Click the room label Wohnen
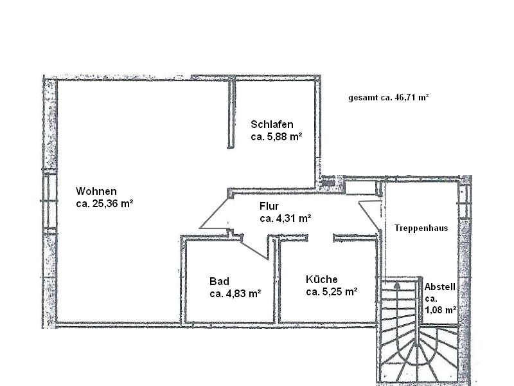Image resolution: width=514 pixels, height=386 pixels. coord(96,191)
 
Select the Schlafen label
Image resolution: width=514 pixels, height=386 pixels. coord(272,124)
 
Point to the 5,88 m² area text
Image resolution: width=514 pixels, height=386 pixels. coord(285,136)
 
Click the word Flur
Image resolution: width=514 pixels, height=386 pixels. coord(269,206)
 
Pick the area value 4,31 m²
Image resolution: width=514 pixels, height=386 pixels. coord(294,218)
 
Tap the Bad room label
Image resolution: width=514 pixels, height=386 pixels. coord(219,281)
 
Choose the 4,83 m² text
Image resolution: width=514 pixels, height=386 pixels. coord(244,293)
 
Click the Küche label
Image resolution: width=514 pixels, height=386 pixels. coord(322,279)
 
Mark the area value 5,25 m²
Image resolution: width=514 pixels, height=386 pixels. coord(340,291)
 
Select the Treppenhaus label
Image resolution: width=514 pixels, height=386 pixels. coord(421,228)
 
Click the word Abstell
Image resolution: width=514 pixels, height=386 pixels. coord(440,287)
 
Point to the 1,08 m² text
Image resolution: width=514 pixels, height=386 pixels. coord(441,310)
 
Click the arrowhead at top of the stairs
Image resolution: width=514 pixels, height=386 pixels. coord(397,285)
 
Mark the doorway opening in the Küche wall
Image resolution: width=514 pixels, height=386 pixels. coord(321,237)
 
